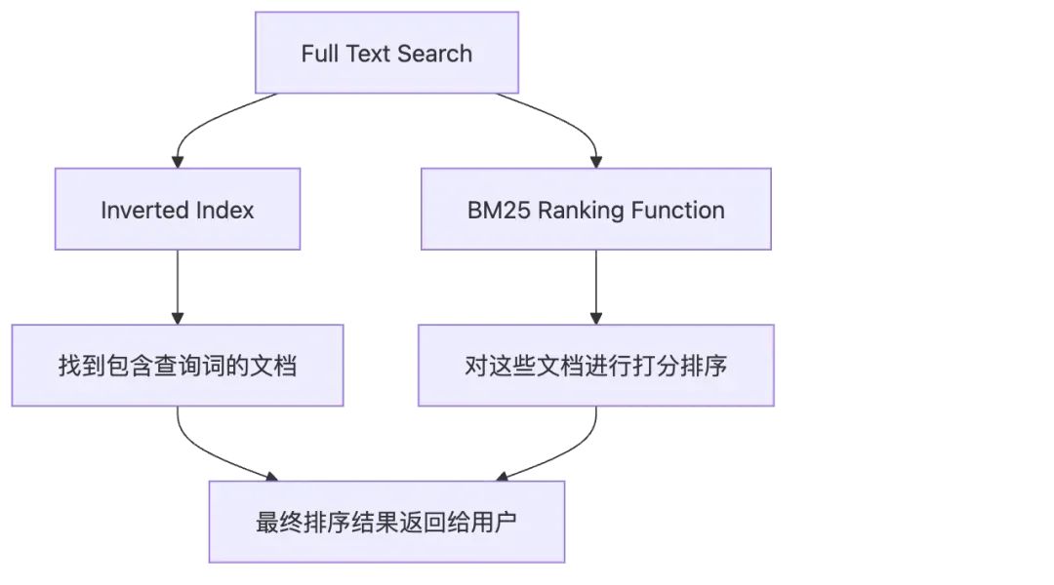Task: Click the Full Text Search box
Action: tap(386, 53)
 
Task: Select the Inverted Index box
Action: tap(177, 210)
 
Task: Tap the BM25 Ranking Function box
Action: tap(595, 210)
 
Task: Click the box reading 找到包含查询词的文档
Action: tap(177, 366)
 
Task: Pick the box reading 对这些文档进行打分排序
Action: tap(595, 366)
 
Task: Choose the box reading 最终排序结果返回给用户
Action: tap(386, 522)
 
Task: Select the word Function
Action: tap(675, 210)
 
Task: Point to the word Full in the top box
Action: tap(318, 53)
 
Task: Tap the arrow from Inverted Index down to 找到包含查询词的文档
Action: tap(178, 287)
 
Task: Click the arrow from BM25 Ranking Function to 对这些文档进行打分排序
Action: tap(595, 287)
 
